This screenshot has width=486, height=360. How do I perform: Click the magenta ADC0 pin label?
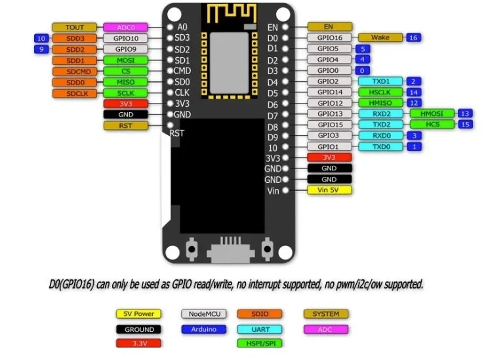125,28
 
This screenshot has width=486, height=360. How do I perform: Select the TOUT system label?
73,28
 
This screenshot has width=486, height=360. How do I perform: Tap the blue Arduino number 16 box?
413,38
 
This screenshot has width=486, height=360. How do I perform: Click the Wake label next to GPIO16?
380,38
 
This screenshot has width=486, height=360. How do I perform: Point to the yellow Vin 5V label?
329,190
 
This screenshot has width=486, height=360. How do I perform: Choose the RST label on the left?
125,125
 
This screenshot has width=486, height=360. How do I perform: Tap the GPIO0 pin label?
329,71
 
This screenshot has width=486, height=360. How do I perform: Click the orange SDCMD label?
73,71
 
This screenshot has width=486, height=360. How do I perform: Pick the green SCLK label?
125,92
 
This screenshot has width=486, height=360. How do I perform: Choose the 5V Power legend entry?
139,314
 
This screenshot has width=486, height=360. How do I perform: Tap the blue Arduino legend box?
203,329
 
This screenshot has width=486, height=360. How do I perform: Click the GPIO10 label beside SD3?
125,38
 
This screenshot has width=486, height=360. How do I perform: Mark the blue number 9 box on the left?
41,49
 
